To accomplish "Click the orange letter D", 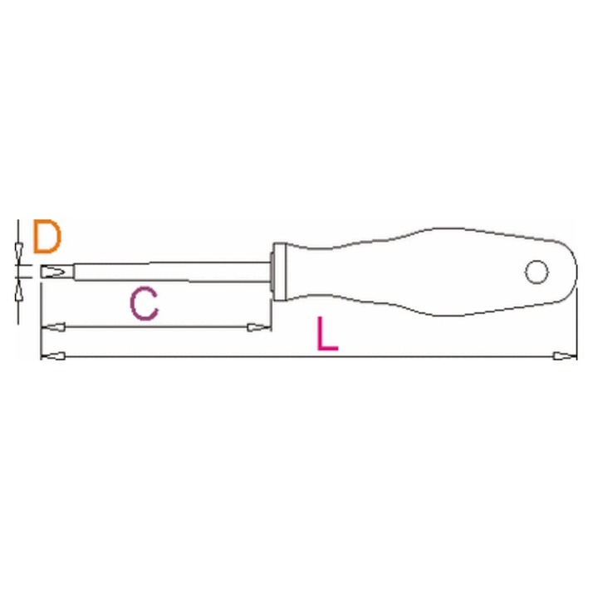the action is point(47,237).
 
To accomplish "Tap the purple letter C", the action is point(145,304).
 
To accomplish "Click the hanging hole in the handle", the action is point(537,272).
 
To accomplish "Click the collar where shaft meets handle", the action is point(279,272).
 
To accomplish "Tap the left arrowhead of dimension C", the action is point(53,327).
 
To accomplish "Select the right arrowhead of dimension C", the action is point(259,327).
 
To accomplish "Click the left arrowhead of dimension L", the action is point(53,356).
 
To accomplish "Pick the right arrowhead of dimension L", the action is point(565,356).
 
